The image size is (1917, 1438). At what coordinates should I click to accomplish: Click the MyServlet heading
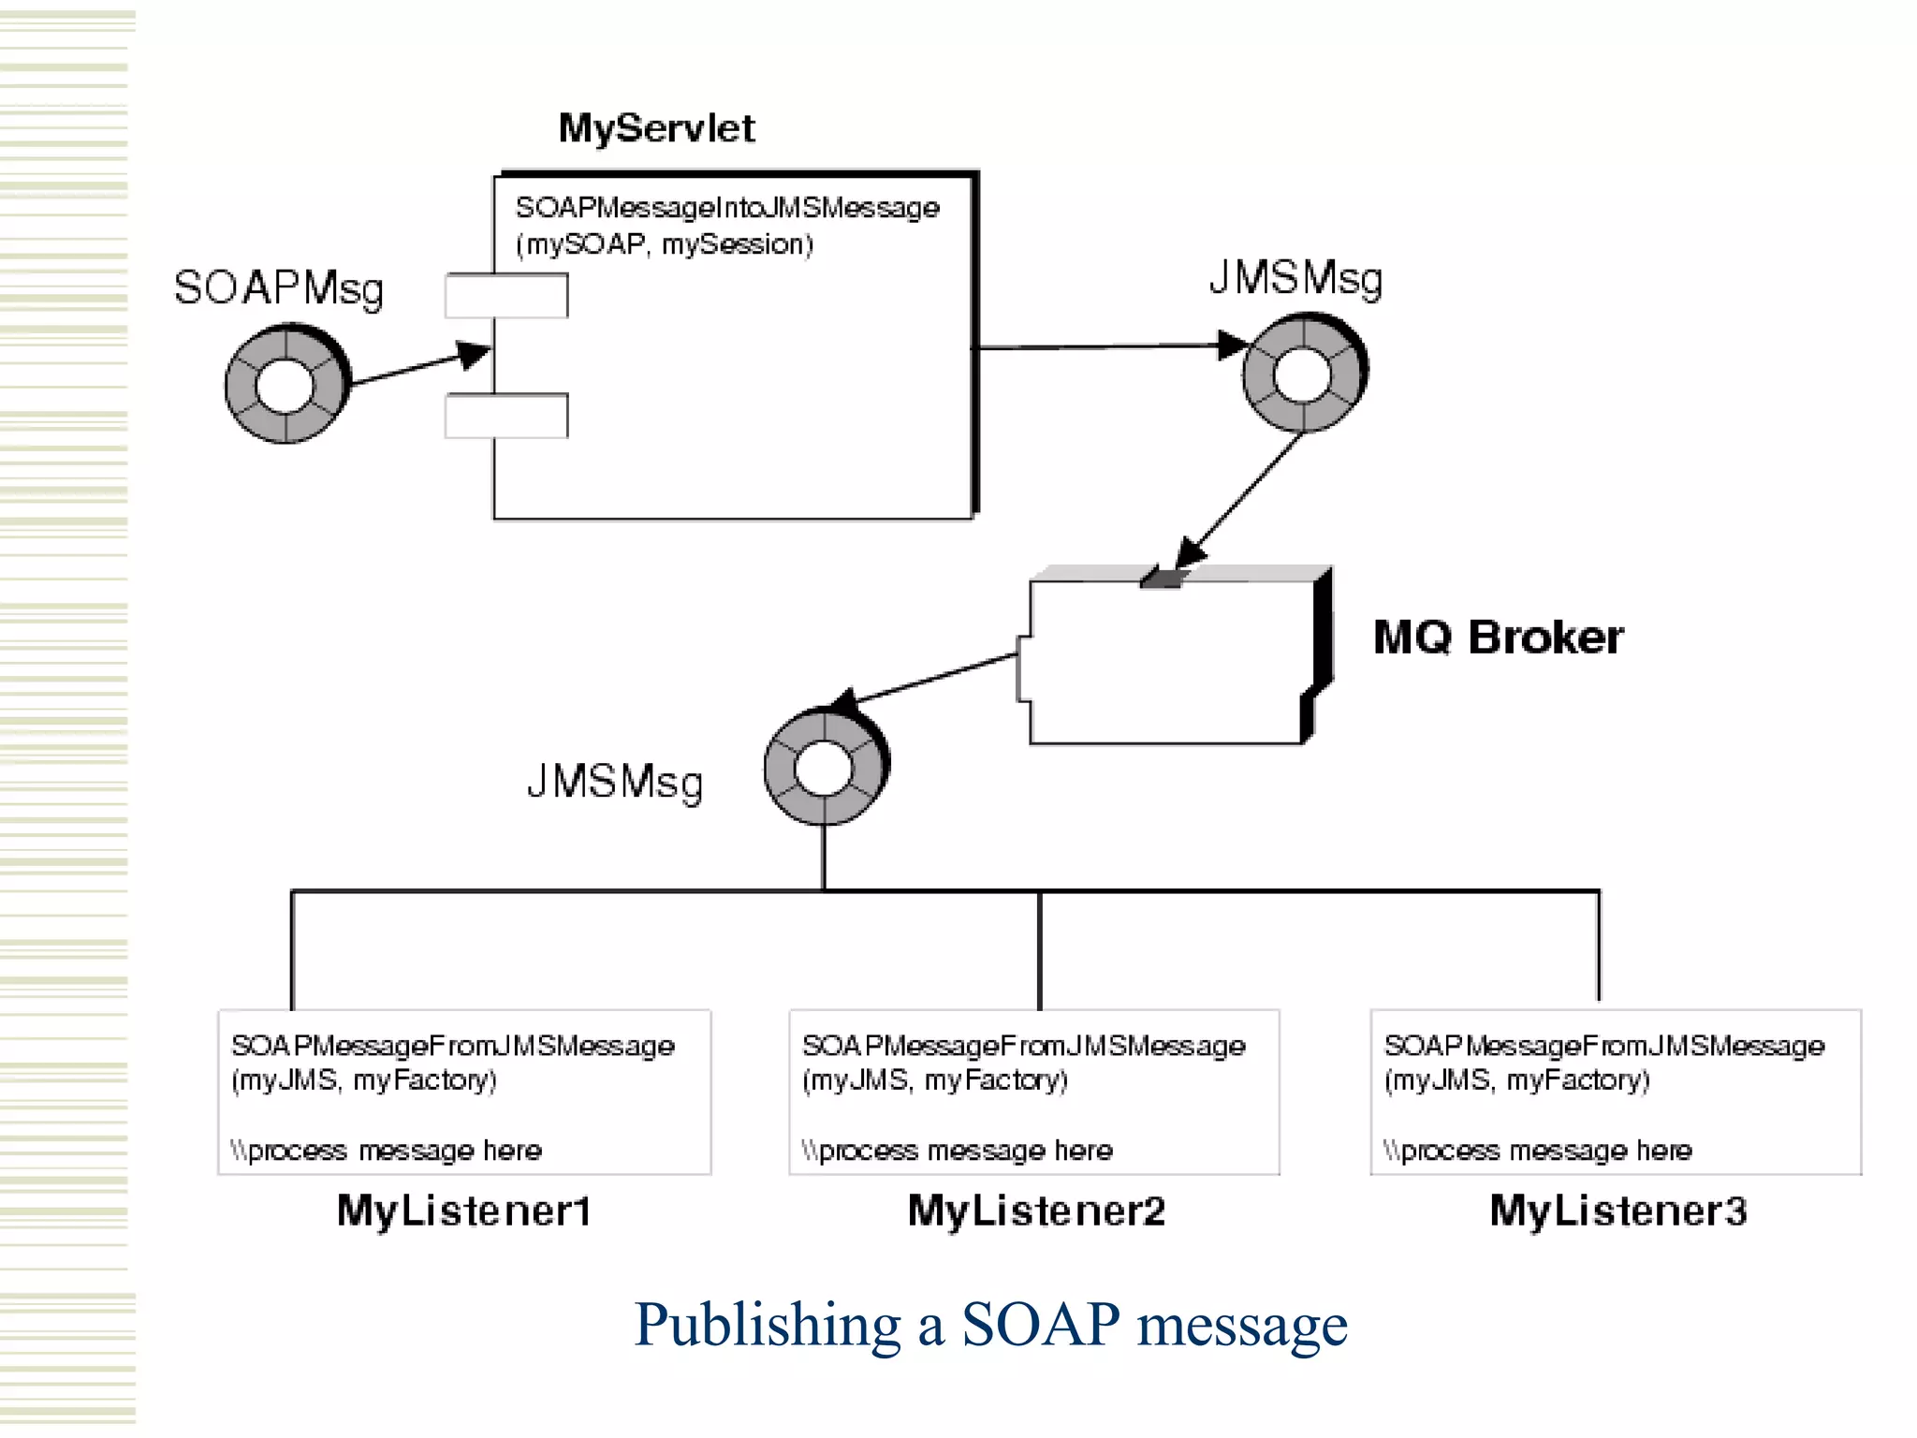[656, 128]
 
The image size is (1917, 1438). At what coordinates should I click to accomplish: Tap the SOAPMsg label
[278, 287]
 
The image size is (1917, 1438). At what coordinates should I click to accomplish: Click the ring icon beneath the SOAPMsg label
[286, 384]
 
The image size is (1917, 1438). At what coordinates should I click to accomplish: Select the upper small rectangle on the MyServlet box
[506, 296]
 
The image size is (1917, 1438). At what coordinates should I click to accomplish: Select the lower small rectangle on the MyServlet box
[506, 416]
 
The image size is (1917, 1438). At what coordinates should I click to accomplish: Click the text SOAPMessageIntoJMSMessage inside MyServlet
[727, 208]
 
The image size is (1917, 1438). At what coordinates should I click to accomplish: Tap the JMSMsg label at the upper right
[1295, 278]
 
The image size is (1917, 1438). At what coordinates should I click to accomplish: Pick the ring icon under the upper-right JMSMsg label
[1303, 373]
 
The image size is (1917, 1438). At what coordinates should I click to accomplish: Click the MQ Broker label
[1498, 638]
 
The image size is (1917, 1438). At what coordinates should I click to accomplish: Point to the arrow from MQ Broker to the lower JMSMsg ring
[936, 678]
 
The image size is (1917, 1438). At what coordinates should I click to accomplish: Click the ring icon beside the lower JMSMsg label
[825, 767]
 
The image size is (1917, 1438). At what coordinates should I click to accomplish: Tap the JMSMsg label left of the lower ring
[614, 782]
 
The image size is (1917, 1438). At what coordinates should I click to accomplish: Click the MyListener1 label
[464, 1211]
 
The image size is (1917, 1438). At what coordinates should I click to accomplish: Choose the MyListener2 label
[1036, 1211]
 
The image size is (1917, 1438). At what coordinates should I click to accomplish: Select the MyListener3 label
[1617, 1211]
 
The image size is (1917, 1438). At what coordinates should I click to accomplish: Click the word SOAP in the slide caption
[1040, 1324]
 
